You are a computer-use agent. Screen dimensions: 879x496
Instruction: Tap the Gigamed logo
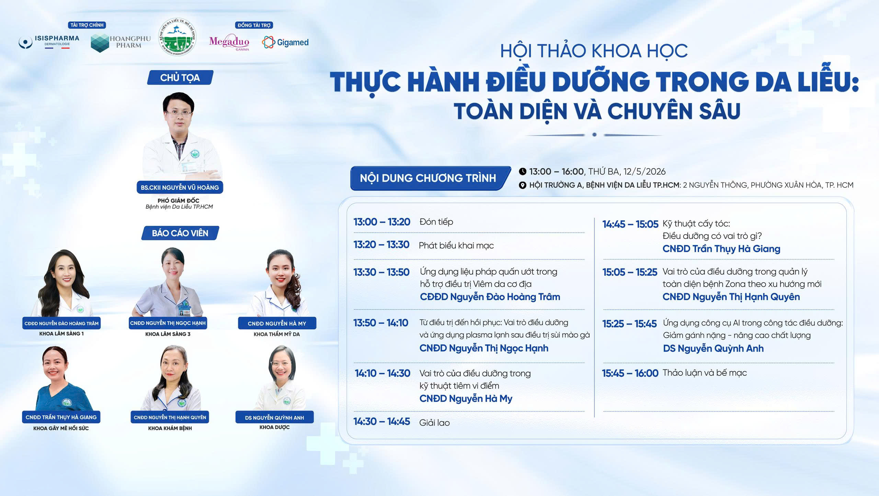(285, 43)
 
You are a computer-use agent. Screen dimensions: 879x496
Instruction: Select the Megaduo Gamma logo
(229, 43)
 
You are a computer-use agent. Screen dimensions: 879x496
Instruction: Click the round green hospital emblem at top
(177, 37)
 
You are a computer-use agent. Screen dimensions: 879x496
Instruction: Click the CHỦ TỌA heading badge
(180, 78)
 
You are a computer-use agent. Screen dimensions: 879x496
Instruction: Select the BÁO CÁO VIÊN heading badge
(180, 233)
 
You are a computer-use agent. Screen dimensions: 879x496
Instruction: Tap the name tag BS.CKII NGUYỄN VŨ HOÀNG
(180, 187)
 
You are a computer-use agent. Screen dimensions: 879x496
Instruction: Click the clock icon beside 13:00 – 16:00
(523, 171)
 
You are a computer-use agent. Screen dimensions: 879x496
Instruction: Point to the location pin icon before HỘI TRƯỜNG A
(523, 185)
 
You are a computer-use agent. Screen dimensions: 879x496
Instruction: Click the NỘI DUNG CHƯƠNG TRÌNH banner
(428, 178)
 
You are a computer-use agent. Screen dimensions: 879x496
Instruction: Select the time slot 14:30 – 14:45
(382, 421)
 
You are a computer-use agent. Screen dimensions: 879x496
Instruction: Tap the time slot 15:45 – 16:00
(630, 373)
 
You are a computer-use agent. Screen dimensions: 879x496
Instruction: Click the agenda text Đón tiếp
(436, 222)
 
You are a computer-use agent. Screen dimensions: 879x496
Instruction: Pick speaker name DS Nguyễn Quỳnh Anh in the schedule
(714, 349)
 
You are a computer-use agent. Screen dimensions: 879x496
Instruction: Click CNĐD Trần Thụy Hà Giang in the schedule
(721, 249)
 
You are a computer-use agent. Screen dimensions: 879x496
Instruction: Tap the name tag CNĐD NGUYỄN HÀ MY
(277, 323)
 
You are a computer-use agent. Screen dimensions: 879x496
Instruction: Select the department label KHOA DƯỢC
(275, 427)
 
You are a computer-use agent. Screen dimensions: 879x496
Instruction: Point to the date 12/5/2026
(644, 172)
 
